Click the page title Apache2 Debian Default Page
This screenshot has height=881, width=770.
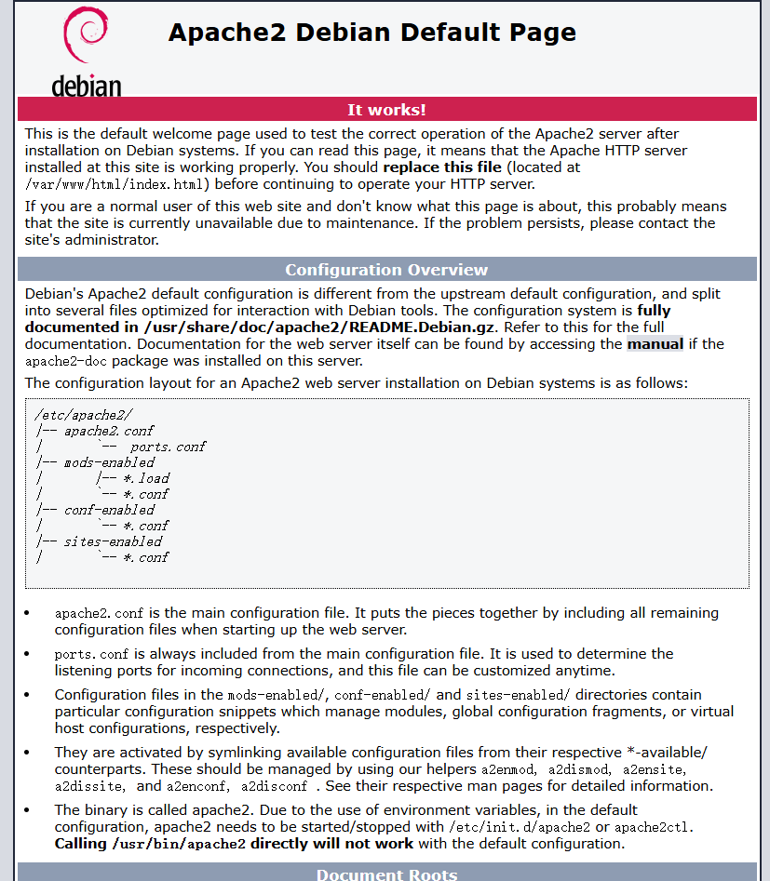point(371,33)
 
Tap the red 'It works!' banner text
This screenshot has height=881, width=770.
point(386,110)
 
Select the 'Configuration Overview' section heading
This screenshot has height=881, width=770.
point(386,270)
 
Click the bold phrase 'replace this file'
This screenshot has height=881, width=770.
point(441,167)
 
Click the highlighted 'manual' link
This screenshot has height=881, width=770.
point(655,344)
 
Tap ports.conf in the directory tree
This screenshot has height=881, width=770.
point(168,447)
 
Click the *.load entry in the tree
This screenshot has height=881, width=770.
point(147,478)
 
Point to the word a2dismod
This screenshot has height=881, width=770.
point(578,769)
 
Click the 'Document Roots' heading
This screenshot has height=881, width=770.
point(386,874)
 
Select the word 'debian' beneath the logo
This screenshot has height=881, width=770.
point(86,87)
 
